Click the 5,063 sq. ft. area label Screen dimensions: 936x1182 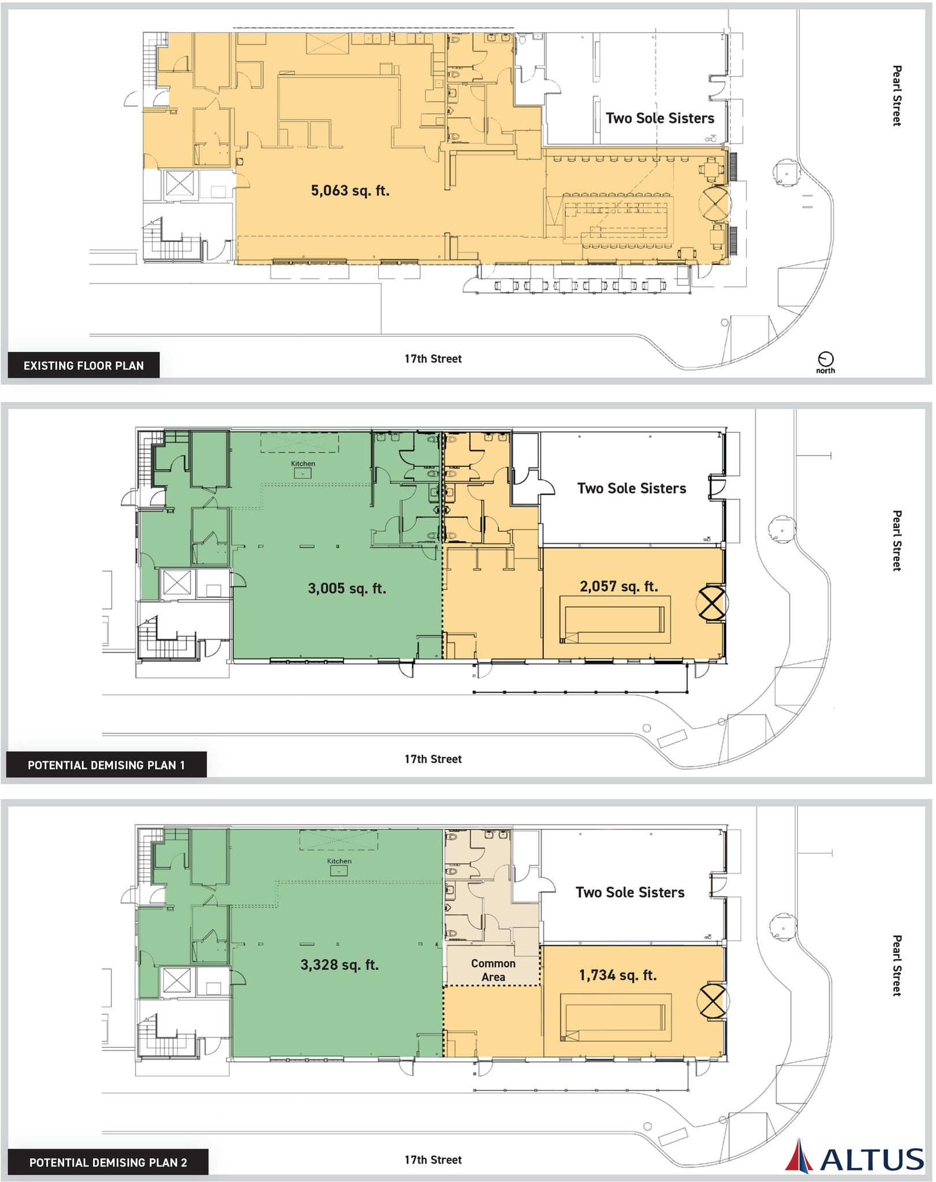point(350,190)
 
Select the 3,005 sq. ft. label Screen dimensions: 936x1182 point(346,588)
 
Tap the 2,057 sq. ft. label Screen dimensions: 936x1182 point(618,586)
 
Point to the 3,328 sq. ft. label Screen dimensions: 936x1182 point(339,964)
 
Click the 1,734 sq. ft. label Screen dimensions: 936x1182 point(618,975)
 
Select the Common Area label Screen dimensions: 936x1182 point(493,970)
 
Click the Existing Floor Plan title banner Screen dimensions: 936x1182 point(84,365)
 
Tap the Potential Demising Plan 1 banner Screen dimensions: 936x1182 point(106,765)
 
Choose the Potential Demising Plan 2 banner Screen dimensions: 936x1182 point(108,1162)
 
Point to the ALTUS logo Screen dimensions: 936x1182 point(855,1156)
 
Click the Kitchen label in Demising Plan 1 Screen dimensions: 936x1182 point(303,463)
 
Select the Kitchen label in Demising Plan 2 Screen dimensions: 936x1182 point(339,861)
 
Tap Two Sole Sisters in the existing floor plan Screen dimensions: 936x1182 point(660,118)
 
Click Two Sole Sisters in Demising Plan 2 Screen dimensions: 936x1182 point(630,892)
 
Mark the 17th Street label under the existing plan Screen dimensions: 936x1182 point(433,358)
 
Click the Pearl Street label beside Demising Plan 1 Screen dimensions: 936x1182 point(897,540)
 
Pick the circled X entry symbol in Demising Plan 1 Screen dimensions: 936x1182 point(711,603)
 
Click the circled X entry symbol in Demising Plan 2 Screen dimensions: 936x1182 point(711,1001)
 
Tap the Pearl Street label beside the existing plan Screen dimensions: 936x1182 point(897,95)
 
